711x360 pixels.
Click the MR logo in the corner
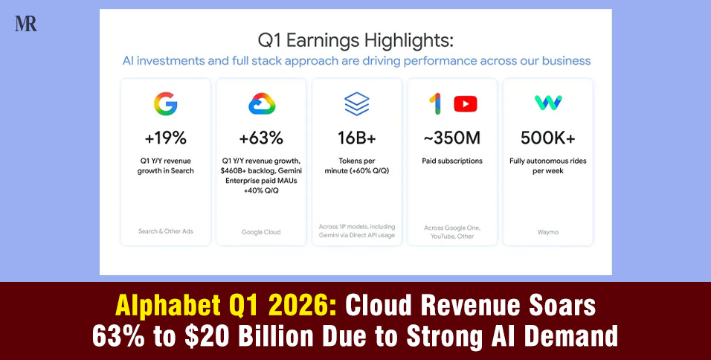(25, 23)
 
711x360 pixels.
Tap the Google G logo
(165, 104)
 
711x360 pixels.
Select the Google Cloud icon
(262, 104)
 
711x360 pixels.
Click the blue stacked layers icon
(357, 103)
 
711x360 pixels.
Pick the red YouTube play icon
(465, 104)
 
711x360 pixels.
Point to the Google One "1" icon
(436, 104)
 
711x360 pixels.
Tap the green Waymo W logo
(548, 103)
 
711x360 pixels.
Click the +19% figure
(165, 138)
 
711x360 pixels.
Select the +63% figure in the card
(261, 138)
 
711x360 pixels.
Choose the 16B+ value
(357, 138)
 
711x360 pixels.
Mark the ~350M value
(452, 138)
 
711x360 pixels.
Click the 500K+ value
(548, 138)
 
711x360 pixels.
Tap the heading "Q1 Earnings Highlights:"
(356, 39)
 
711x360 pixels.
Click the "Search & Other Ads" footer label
(165, 231)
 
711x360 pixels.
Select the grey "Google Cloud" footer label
(261, 232)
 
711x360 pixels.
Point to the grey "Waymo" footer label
(548, 231)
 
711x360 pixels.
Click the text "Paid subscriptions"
(452, 161)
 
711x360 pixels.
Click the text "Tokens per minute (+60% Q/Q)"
(357, 166)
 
